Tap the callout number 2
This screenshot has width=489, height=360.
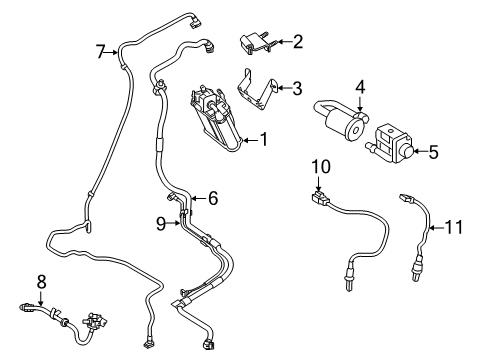pos(298,42)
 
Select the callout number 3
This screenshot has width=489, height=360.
pos(298,88)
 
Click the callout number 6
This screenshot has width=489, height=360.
pos(212,198)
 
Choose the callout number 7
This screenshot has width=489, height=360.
pos(100,50)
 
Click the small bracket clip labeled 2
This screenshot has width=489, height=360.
pos(255,43)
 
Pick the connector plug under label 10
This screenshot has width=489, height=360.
pos(322,197)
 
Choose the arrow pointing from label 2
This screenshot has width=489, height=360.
pos(281,42)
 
